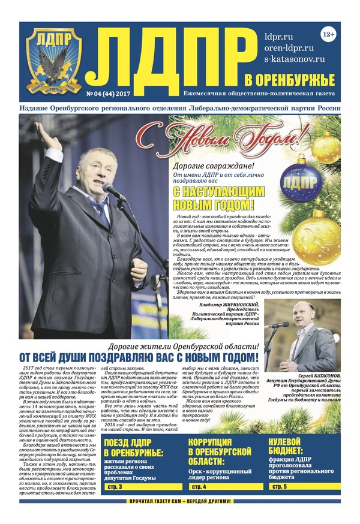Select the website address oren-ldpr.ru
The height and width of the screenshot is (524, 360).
pyautogui.click(x=289, y=47)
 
